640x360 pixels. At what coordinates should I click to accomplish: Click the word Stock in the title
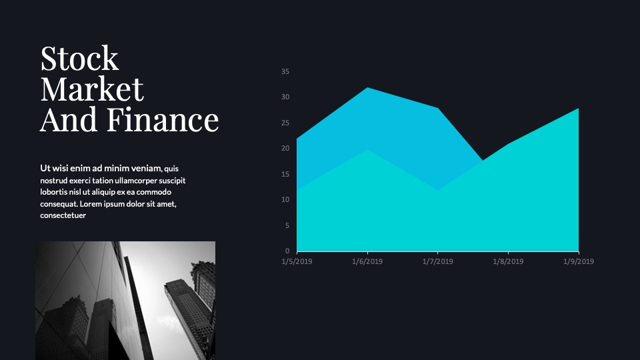tap(79, 59)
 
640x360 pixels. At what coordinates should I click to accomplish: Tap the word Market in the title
tap(92, 89)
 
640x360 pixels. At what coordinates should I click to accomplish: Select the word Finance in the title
tap(163, 119)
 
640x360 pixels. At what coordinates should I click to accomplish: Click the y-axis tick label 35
tap(285, 71)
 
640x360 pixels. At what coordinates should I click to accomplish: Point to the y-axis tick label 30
tap(285, 97)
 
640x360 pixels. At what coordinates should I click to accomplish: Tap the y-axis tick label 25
tap(285, 123)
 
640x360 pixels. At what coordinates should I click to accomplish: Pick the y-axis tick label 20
tap(285, 149)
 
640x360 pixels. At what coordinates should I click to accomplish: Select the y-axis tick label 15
tap(285, 174)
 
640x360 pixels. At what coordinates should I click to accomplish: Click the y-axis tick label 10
tap(285, 199)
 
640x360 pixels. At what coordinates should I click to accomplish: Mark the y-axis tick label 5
tap(287, 225)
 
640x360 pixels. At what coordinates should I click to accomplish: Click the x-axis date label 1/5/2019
tap(297, 261)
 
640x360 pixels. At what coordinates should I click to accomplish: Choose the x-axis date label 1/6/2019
tap(367, 261)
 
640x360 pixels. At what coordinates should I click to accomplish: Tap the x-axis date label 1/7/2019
tap(437, 261)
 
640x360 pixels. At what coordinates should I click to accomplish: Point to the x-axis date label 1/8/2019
tap(508, 261)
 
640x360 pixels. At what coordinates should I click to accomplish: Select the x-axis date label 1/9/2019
tap(579, 261)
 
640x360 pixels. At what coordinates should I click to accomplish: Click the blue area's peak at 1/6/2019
tap(367, 88)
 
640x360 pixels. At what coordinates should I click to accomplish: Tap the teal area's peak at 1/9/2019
tap(579, 109)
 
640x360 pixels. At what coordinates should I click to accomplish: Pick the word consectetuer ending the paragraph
tap(63, 215)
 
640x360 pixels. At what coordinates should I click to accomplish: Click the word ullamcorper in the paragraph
tap(136, 181)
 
